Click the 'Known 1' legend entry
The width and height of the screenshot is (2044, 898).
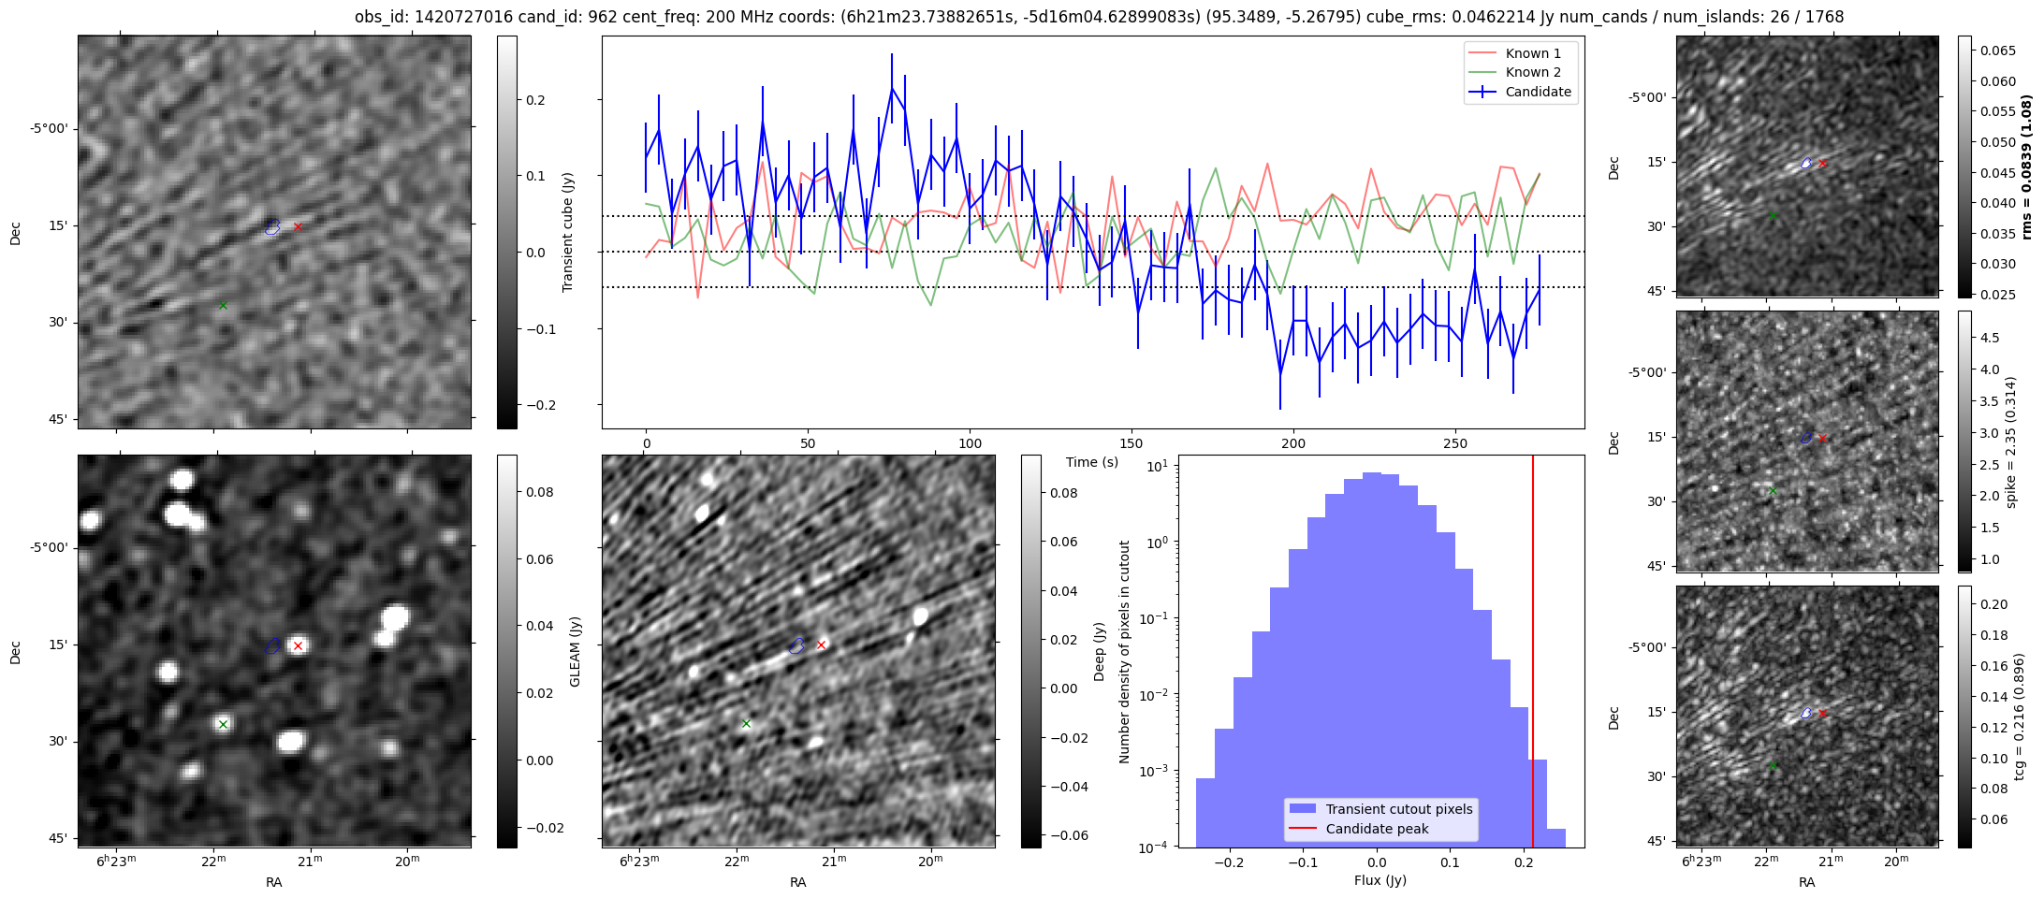(1532, 53)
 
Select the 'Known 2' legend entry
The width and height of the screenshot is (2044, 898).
(1532, 72)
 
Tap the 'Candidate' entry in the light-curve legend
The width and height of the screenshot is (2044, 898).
(1538, 92)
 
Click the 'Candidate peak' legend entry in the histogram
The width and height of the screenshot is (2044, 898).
(1377, 829)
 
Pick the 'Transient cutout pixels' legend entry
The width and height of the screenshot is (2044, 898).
(1398, 809)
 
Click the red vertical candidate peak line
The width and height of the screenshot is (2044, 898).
(1533, 655)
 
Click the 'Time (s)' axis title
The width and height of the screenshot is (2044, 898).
(1092, 462)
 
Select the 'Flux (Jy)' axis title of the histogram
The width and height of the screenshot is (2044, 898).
(1380, 880)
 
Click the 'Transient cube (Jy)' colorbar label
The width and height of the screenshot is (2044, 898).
(567, 232)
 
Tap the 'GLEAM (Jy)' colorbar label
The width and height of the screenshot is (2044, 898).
(575, 652)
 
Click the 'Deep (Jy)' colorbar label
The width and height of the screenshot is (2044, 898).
(1099, 652)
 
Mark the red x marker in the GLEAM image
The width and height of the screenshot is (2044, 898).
(298, 645)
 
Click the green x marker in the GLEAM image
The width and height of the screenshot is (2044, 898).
(223, 724)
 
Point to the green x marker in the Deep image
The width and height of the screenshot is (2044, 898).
(746, 723)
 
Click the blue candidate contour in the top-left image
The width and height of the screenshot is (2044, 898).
(272, 226)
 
